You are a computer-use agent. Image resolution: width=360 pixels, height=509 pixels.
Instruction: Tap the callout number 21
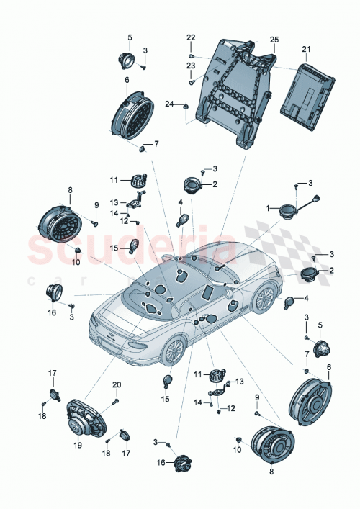tap(305, 49)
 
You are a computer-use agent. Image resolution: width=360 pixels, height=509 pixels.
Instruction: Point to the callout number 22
tap(191, 37)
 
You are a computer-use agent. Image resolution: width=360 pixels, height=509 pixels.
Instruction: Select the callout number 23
tap(191, 66)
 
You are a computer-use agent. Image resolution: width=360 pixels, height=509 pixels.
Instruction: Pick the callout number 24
tap(170, 104)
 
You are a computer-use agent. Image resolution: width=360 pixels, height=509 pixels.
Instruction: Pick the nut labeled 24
tap(186, 108)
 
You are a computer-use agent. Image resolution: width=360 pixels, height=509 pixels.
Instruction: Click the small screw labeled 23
tap(192, 82)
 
